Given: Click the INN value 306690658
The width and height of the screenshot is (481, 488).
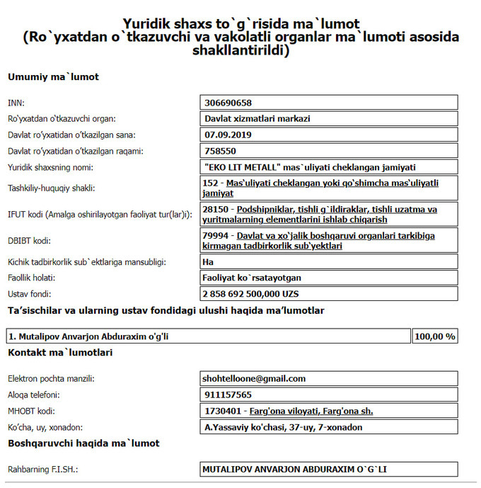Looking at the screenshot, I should pos(227,103).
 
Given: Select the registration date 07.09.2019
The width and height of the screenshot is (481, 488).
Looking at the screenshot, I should pos(224,135).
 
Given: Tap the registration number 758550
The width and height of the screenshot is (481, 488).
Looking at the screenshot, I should pos(219,151).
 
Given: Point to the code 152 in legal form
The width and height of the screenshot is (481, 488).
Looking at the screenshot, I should pos(210,183).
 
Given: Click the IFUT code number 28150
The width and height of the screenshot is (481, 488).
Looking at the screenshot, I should pos(215,209).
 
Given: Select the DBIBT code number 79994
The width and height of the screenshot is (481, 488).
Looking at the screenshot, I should pos(215,235).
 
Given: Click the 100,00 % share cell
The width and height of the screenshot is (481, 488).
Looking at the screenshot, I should pos(435,336).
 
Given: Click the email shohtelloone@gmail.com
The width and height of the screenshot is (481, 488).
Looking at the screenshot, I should pos(254,379).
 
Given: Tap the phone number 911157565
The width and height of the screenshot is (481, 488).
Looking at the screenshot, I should pos(227,395).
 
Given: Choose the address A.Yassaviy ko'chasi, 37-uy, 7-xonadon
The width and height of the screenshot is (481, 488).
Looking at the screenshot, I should pos(282,427).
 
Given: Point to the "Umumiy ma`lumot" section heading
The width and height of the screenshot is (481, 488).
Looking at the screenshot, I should pos(53,76).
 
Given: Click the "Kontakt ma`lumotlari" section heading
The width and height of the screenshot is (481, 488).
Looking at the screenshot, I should pos(60,352).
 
